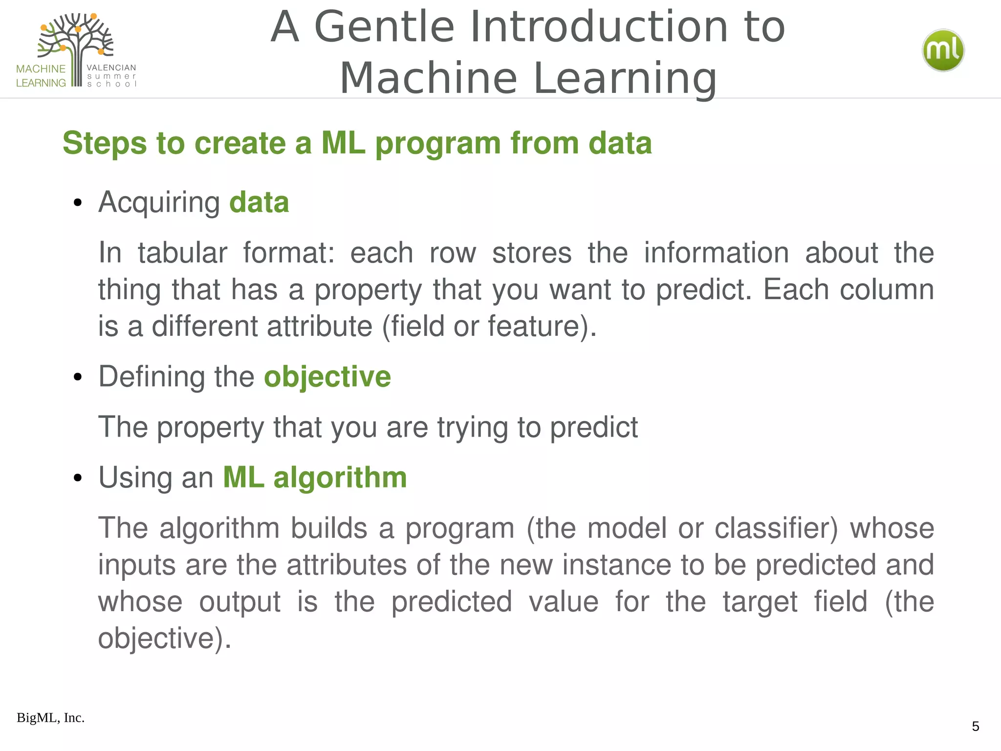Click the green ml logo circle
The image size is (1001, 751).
point(943,50)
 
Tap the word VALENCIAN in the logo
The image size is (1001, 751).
point(111,67)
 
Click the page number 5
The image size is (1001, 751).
point(975,726)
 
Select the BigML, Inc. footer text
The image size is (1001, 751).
point(50,718)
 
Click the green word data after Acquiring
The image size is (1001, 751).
point(259,202)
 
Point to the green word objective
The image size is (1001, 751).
point(327,376)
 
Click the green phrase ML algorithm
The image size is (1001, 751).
point(315,477)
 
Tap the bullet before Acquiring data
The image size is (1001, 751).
point(77,203)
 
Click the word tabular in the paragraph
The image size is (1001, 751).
point(182,253)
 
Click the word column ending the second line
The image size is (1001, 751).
point(887,289)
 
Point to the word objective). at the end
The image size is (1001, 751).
point(165,639)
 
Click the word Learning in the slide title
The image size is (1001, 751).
point(625,78)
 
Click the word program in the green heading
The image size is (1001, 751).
point(438,143)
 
